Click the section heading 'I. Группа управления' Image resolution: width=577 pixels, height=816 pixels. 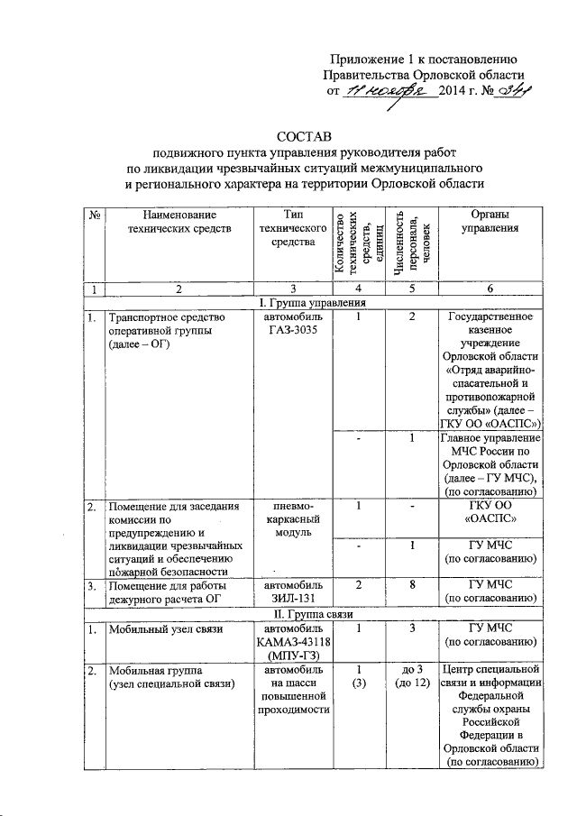point(311,302)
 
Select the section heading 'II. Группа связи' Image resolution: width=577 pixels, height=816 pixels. point(311,615)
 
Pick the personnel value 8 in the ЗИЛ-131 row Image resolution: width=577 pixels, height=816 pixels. point(411,586)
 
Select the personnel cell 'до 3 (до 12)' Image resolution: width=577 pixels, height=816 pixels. point(411,677)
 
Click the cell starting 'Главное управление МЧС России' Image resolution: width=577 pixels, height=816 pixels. point(490,464)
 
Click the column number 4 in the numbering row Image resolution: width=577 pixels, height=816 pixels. point(359,289)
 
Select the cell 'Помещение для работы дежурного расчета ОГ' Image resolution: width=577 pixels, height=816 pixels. point(170,593)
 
